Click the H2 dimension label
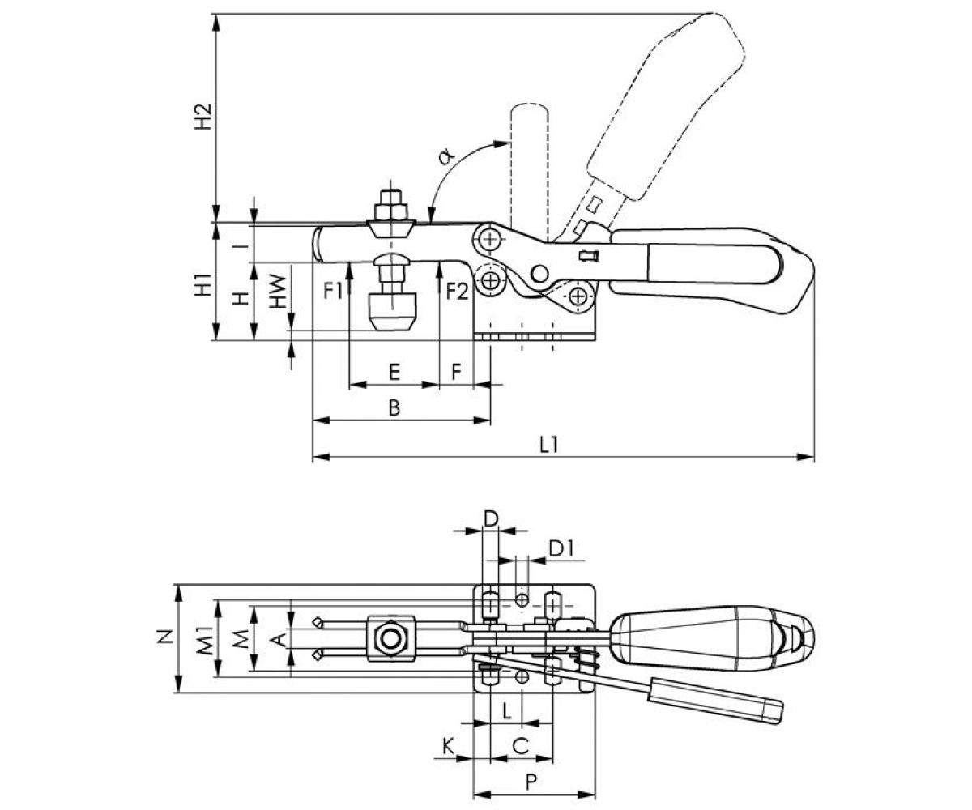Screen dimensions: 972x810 (x=202, y=117)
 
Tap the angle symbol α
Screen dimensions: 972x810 (x=447, y=156)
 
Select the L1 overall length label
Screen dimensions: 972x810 (x=548, y=445)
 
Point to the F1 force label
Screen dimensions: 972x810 (x=333, y=291)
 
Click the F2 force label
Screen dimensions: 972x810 (x=457, y=292)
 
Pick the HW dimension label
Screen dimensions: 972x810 (x=278, y=292)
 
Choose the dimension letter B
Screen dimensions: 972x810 (x=394, y=407)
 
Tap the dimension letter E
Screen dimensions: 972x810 (x=394, y=373)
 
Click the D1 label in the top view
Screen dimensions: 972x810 (x=561, y=549)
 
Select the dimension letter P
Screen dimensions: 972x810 (x=531, y=769)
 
